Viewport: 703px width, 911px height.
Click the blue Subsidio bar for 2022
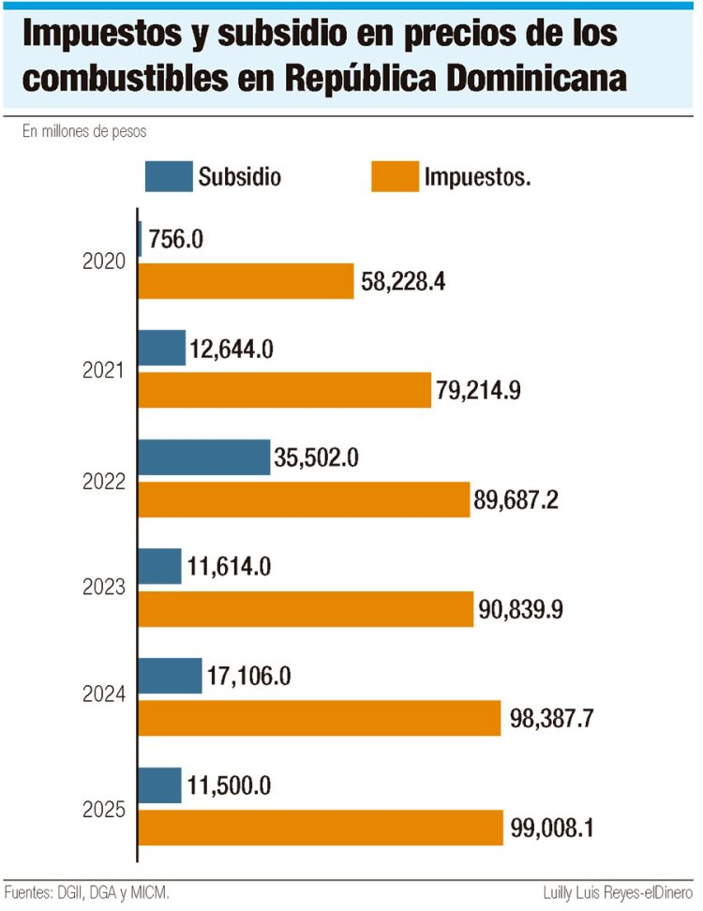click(204, 456)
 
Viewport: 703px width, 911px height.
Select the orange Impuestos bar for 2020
click(247, 280)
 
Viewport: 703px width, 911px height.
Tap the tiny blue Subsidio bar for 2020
click(141, 238)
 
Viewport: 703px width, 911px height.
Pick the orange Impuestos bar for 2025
click(321, 828)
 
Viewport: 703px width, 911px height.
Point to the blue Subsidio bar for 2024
click(171, 675)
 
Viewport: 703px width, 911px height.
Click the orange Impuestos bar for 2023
click(306, 609)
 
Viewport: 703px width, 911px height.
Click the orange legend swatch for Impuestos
click(395, 176)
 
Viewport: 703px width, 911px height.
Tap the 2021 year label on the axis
click(103, 370)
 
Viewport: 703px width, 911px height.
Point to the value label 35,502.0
click(323, 456)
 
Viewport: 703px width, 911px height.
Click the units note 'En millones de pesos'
click(84, 131)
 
